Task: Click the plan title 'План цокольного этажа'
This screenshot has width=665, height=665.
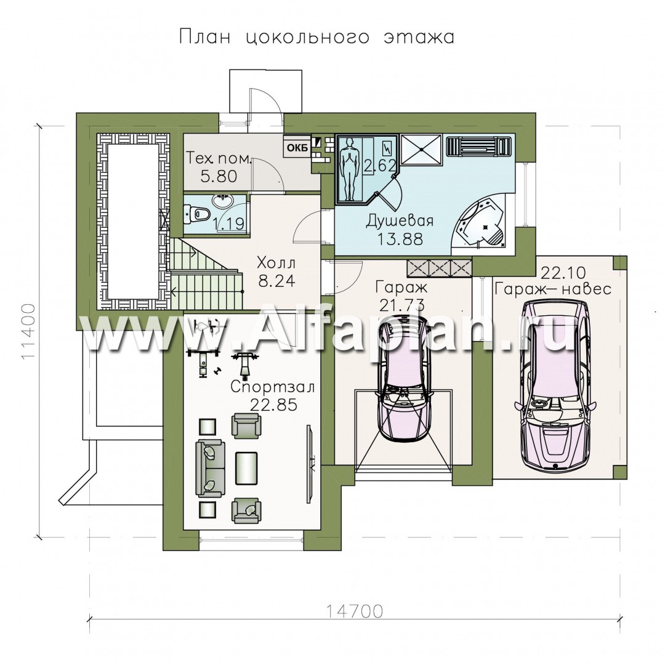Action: click(316, 37)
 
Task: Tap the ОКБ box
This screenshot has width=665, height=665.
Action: click(298, 148)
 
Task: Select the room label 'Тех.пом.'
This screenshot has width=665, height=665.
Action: click(220, 159)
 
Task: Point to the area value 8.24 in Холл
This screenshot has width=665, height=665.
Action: click(276, 281)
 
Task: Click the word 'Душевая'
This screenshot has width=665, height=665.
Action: click(400, 221)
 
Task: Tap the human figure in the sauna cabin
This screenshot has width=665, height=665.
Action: click(349, 168)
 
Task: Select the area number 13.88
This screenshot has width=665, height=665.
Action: click(400, 239)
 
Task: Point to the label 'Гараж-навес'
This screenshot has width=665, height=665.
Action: click(552, 289)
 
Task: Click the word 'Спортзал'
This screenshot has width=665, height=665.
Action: click(273, 387)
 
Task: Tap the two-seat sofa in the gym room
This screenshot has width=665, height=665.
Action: click(210, 469)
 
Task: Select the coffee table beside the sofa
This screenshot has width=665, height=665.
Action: click(246, 468)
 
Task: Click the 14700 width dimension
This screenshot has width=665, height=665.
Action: click(355, 611)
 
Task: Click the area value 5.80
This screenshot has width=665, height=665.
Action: click(219, 176)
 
